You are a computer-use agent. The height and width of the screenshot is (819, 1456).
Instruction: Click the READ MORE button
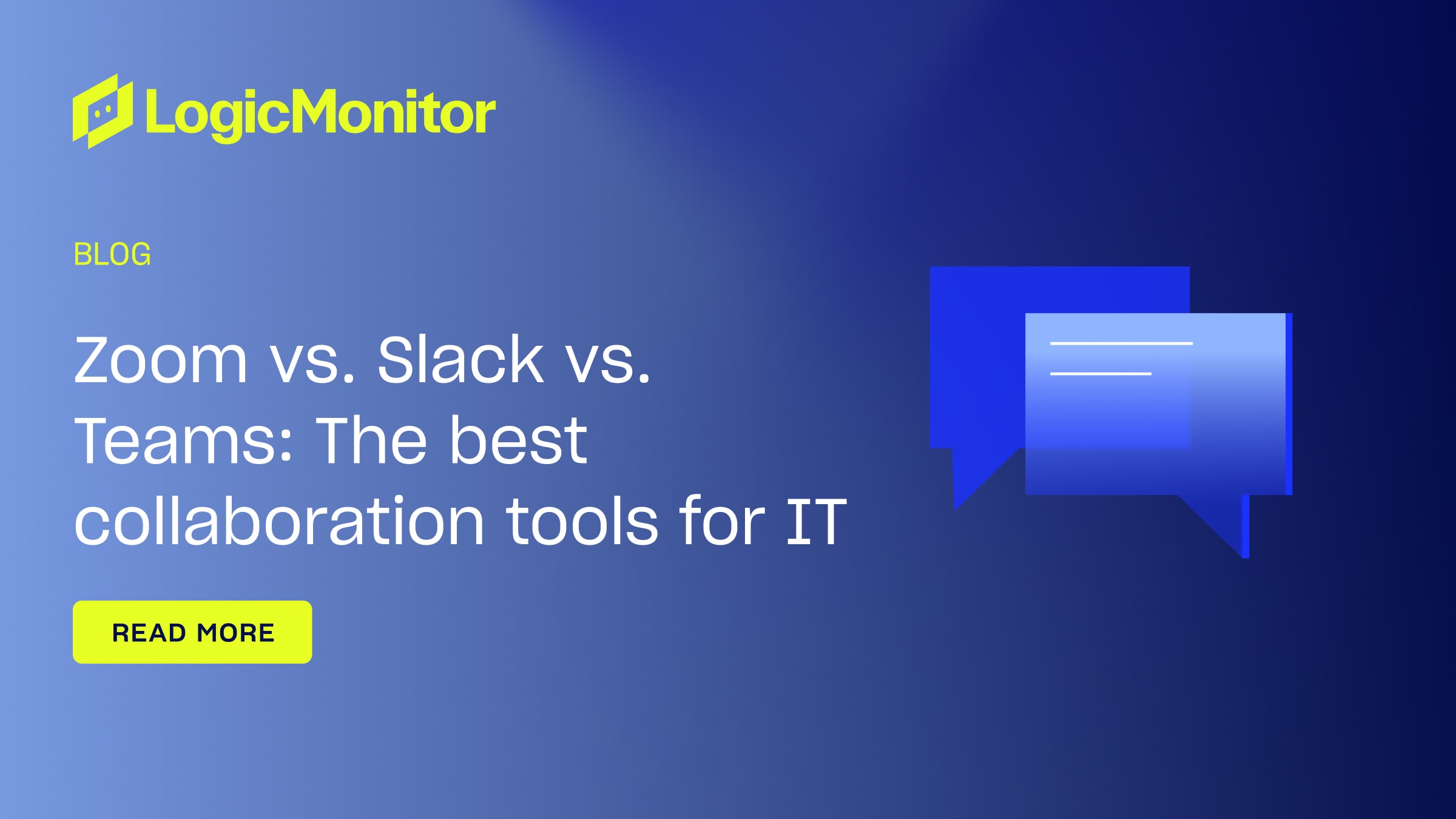[192, 632]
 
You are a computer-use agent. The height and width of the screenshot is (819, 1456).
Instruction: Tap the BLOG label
[112, 254]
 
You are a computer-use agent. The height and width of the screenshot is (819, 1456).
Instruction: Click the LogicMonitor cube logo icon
[103, 112]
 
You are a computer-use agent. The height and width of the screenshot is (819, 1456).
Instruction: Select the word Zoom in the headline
[161, 360]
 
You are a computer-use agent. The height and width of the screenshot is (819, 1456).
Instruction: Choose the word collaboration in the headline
[278, 521]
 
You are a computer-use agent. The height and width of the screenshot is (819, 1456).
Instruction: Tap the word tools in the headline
[582, 521]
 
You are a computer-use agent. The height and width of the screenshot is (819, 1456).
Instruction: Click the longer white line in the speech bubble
[1121, 343]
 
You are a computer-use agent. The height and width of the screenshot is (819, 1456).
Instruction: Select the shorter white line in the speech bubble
[1100, 374]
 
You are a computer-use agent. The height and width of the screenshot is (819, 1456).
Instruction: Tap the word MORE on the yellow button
[236, 633]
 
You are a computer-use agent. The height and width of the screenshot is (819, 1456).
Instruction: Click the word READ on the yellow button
[149, 633]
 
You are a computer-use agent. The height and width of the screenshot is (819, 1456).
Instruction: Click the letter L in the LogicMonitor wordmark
[159, 112]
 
